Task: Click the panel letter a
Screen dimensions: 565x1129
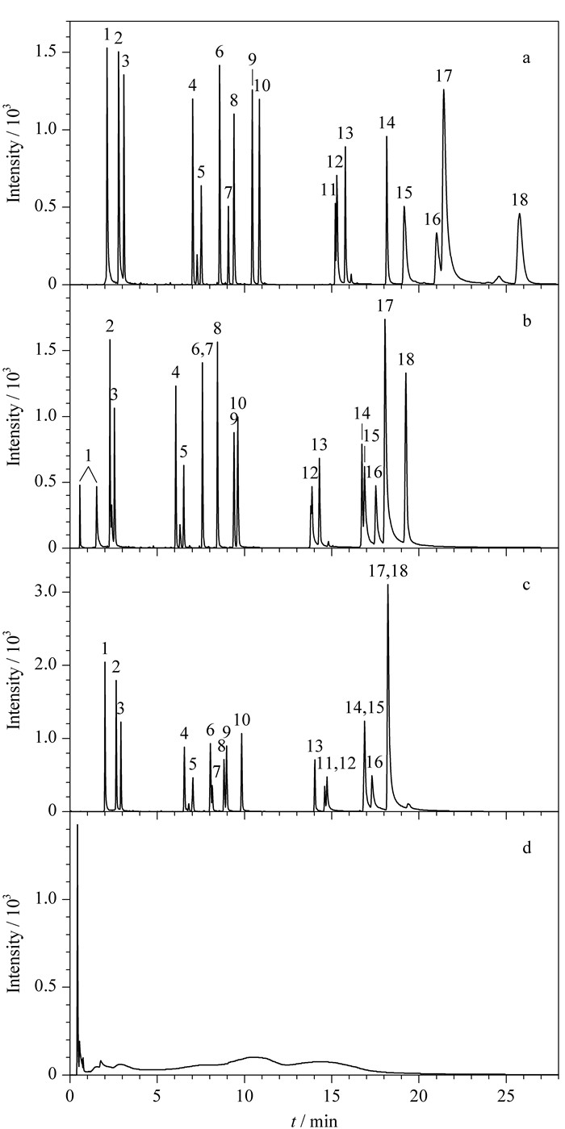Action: coord(526,59)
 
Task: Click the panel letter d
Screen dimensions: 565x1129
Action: coord(526,848)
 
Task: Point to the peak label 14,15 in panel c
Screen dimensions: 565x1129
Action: coord(365,709)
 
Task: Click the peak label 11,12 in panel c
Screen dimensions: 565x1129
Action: coord(337,764)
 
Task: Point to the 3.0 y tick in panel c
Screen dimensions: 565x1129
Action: coord(52,592)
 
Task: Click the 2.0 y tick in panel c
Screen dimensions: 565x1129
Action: coord(52,665)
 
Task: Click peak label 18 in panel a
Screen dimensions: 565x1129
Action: coord(520,200)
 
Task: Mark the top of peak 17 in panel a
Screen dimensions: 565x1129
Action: coord(443,90)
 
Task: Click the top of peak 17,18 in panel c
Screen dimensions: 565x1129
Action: coord(387,585)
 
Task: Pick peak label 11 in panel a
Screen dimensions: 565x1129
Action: coord(329,190)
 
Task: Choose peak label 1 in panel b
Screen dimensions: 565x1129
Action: coord(88,456)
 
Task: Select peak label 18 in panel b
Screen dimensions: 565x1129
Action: coord(405,360)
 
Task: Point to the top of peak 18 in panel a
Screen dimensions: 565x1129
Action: coord(519,214)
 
